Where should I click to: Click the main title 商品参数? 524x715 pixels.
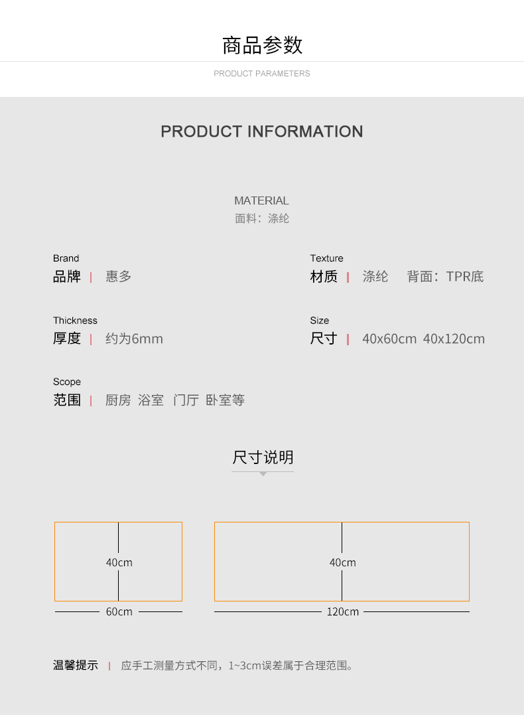(262, 45)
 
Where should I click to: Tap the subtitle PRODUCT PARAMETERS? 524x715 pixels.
(262, 74)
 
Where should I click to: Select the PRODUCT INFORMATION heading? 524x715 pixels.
(262, 131)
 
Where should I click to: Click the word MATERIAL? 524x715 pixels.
(261, 200)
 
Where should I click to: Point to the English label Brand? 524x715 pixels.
(66, 258)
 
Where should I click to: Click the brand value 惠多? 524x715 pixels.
(119, 277)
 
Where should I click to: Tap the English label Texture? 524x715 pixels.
(326, 258)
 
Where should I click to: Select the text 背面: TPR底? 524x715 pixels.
(445, 277)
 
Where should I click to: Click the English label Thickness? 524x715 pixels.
(75, 321)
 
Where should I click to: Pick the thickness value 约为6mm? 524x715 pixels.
(134, 339)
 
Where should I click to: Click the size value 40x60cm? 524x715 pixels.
(389, 339)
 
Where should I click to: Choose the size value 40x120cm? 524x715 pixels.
(454, 339)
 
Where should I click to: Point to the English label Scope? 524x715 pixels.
(67, 382)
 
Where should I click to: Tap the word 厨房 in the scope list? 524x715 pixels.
(118, 400)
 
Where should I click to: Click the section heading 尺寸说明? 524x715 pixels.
(263, 457)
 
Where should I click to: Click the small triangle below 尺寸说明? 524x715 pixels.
(263, 474)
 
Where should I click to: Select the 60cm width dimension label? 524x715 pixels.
(119, 611)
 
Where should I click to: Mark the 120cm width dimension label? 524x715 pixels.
(342, 611)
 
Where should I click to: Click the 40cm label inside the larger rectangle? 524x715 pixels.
(342, 562)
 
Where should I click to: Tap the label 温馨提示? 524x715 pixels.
(75, 665)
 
